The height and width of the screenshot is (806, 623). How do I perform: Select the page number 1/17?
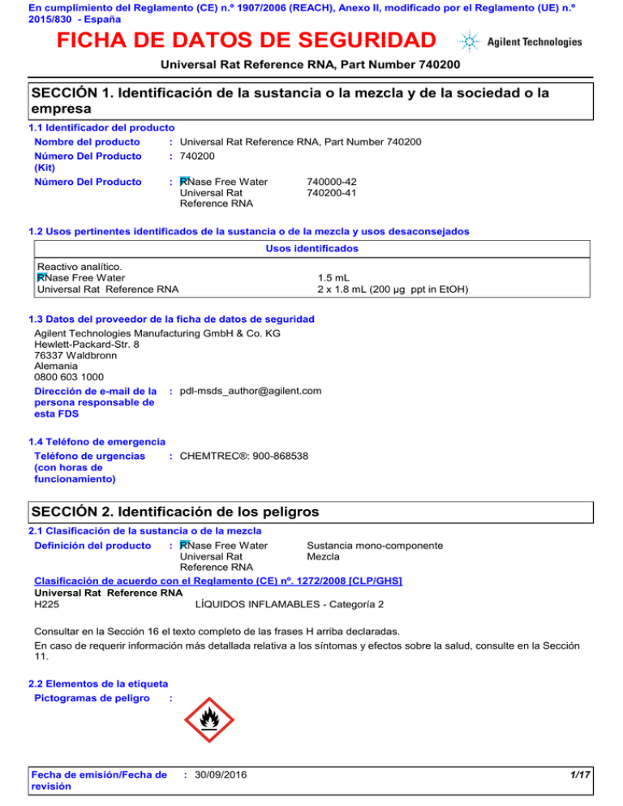point(579,776)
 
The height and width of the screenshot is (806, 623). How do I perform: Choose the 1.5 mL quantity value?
point(333,277)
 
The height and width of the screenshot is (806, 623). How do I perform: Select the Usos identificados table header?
point(311,248)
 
